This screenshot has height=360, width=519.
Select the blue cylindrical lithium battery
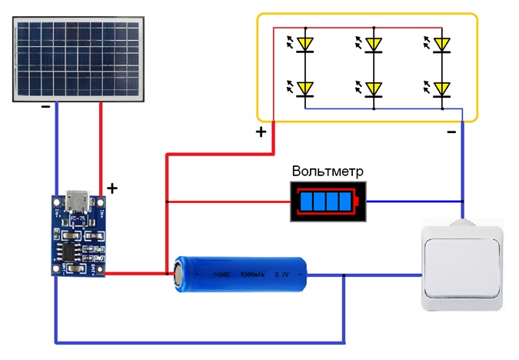point(241,274)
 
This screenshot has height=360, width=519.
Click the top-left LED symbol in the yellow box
point(306,43)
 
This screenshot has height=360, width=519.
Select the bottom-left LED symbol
point(306,88)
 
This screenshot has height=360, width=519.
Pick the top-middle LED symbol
point(374,43)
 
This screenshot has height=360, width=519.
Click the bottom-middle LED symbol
point(374,88)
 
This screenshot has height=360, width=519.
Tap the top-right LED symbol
point(441,43)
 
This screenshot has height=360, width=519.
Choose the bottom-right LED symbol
point(441,88)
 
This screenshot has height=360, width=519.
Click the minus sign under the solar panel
point(46,108)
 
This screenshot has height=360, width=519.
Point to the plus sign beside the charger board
point(112,188)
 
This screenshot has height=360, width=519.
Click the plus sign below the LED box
point(261,132)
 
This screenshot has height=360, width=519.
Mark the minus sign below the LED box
point(451,132)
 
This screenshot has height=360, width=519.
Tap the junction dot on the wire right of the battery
point(344,275)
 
